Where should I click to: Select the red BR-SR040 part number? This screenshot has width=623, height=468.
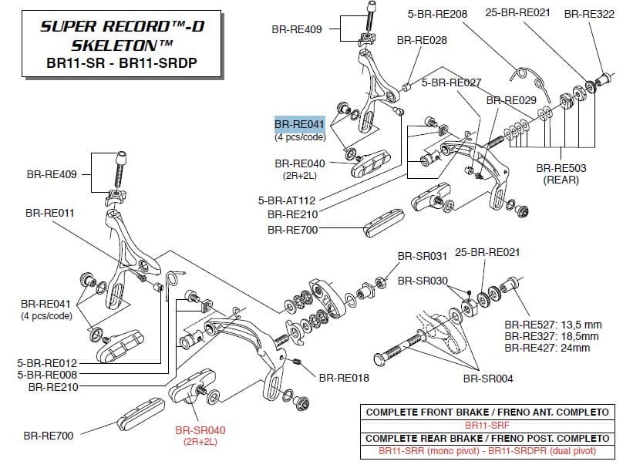tap(200, 430)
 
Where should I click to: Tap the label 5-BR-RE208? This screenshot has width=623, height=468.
tap(437, 14)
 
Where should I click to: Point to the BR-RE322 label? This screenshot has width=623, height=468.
tap(589, 14)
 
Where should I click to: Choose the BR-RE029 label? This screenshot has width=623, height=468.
tap(510, 100)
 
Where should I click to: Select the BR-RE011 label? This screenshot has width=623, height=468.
tap(50, 212)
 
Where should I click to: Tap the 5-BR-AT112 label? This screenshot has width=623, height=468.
tap(287, 200)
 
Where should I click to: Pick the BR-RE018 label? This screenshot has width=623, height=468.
tap(343, 378)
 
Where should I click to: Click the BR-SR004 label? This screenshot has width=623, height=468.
tap(487, 378)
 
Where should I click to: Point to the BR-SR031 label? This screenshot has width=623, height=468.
tap(422, 256)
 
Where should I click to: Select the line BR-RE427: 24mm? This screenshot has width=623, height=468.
tap(547, 348)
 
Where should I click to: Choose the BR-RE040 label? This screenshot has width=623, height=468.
tap(300, 163)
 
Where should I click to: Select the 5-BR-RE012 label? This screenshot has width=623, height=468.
tap(47, 362)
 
